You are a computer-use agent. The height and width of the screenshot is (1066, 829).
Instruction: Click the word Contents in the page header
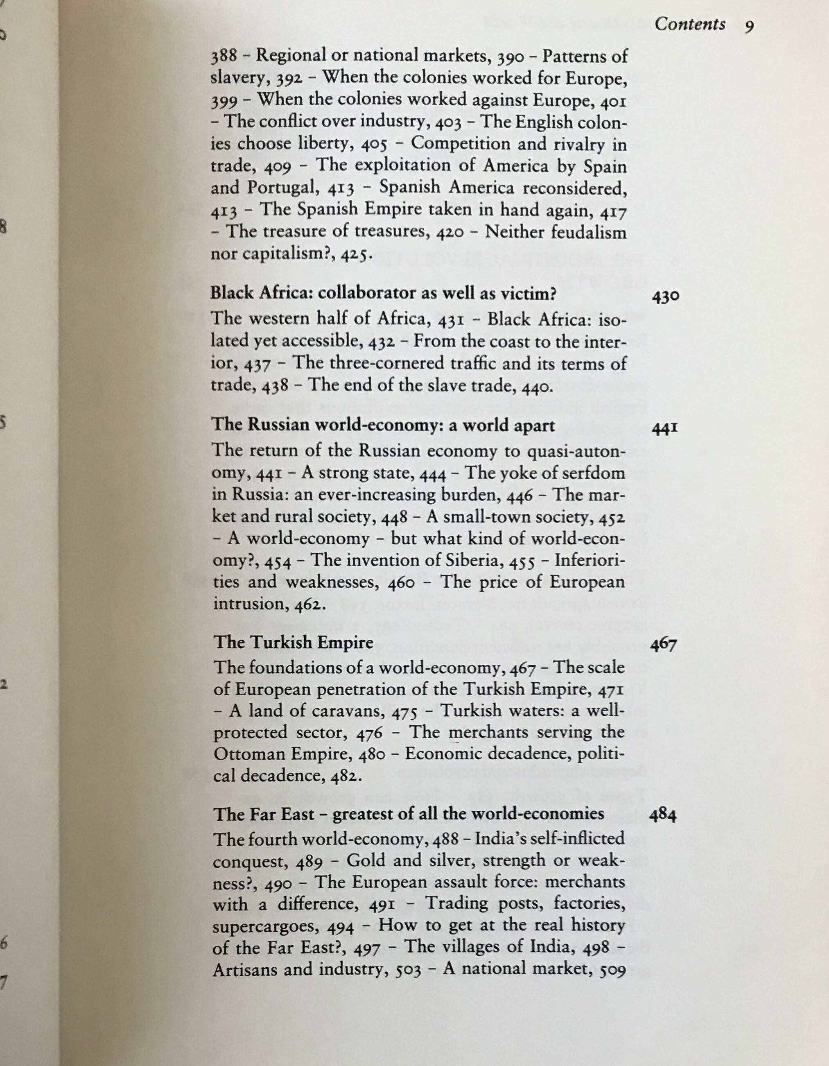689,25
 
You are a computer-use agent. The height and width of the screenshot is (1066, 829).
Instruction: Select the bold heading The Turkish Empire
293,642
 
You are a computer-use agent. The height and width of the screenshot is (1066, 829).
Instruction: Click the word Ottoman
249,754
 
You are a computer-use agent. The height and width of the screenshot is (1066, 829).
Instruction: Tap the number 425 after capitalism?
354,255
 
